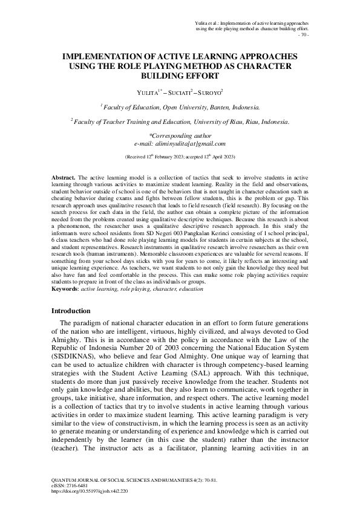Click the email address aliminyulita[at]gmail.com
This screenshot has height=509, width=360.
point(180,144)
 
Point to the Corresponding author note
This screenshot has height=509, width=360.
point(180,136)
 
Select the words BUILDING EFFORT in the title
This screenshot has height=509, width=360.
point(180,77)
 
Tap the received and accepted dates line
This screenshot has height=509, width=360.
point(180,157)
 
